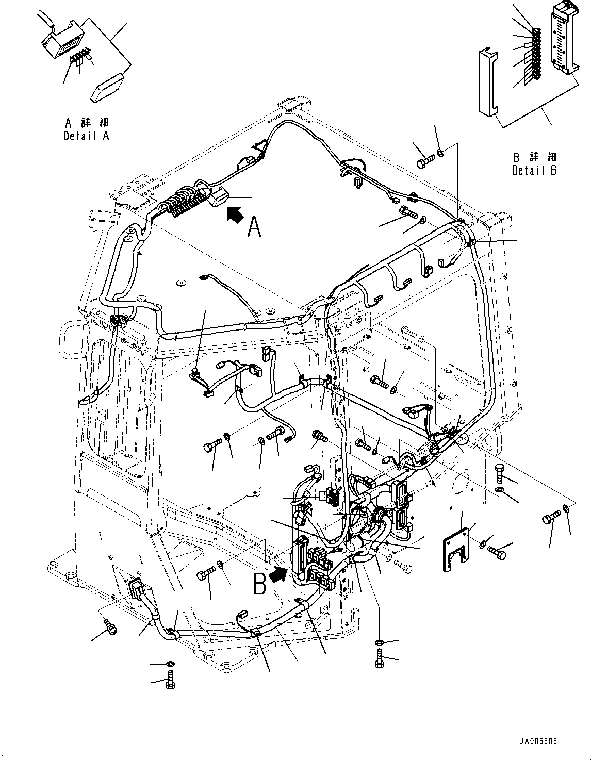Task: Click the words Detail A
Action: coord(86,136)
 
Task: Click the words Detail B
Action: coord(534,170)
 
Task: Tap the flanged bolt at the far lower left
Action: coord(109,627)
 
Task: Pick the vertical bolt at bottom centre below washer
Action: coord(379,658)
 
